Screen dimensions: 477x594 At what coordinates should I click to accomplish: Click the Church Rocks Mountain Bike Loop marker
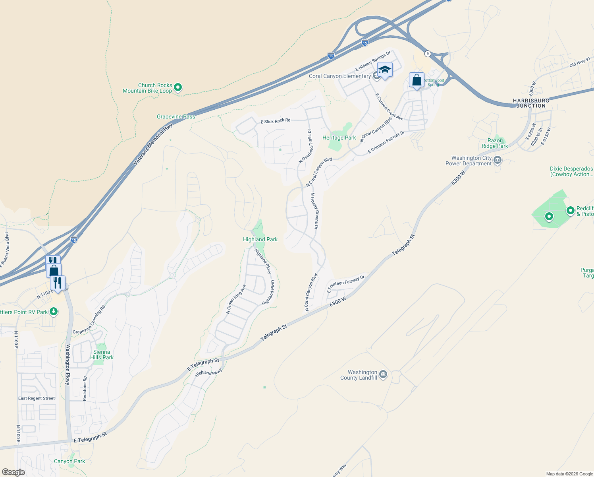click(x=178, y=87)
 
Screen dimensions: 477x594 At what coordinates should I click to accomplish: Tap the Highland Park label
click(x=260, y=239)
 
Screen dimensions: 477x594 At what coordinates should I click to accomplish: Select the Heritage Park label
click(x=339, y=138)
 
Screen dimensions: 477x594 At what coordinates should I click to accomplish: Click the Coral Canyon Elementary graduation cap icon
click(x=384, y=70)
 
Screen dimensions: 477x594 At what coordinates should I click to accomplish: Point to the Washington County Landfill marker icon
click(x=383, y=374)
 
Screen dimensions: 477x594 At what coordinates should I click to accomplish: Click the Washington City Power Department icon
click(x=498, y=160)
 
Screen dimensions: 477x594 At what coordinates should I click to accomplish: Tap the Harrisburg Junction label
click(x=531, y=103)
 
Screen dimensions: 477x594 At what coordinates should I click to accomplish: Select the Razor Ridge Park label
click(x=495, y=143)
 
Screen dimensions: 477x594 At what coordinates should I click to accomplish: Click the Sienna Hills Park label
click(x=102, y=355)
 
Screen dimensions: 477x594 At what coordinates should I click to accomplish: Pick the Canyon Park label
click(x=69, y=461)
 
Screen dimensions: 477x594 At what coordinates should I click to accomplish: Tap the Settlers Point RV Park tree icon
click(x=54, y=312)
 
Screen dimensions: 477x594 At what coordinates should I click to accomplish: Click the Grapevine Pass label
click(x=176, y=116)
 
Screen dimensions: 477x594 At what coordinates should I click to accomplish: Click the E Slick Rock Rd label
click(x=276, y=120)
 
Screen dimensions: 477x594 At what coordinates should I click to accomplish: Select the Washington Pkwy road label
click(x=68, y=365)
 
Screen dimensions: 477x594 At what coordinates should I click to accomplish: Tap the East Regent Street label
click(x=37, y=398)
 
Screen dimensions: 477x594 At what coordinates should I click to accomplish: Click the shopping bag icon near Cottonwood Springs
click(x=417, y=80)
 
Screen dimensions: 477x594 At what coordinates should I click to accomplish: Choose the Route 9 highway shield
click(x=427, y=54)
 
